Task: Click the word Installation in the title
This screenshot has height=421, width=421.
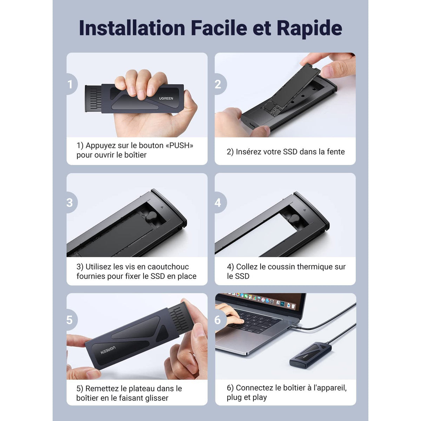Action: coord(132,28)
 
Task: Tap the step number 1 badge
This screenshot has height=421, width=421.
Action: coord(72,84)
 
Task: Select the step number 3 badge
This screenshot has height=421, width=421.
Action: coord(72,202)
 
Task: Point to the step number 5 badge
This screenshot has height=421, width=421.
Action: coord(72,320)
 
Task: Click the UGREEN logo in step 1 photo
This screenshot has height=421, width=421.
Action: coord(166,98)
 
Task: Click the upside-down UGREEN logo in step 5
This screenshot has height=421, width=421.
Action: coord(108,350)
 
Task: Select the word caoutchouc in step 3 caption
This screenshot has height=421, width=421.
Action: coord(168,267)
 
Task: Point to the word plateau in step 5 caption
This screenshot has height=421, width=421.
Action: coord(142,388)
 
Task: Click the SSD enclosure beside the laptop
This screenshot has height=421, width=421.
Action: coord(311,354)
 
